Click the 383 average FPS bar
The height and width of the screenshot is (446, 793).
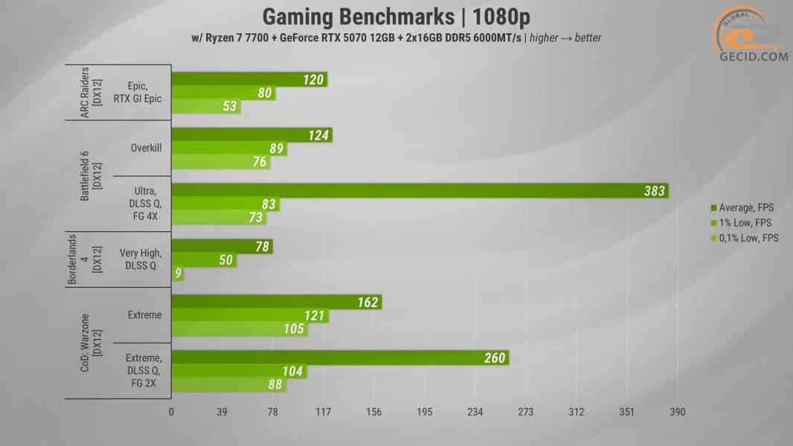click(x=420, y=190)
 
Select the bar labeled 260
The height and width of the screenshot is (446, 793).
click(x=339, y=358)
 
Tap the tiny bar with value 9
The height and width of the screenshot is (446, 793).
click(x=177, y=274)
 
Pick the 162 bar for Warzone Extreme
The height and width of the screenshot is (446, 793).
click(x=276, y=302)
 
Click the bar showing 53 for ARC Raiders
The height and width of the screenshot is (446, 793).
click(x=205, y=106)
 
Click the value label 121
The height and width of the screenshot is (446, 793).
click(x=315, y=316)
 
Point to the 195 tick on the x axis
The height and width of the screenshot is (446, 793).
click(x=425, y=413)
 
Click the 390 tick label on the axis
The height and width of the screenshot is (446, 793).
click(x=677, y=413)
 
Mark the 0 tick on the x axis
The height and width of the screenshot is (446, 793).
click(x=172, y=413)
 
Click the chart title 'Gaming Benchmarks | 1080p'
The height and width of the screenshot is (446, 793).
click(x=396, y=16)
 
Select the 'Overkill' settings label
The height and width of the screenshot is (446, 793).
click(x=145, y=148)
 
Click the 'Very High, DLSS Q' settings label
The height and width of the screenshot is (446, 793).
click(x=141, y=259)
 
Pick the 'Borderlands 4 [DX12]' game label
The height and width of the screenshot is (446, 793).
click(x=83, y=259)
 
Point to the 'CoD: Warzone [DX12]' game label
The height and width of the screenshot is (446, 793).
click(x=89, y=343)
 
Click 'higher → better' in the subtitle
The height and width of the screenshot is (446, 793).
click(x=565, y=37)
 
